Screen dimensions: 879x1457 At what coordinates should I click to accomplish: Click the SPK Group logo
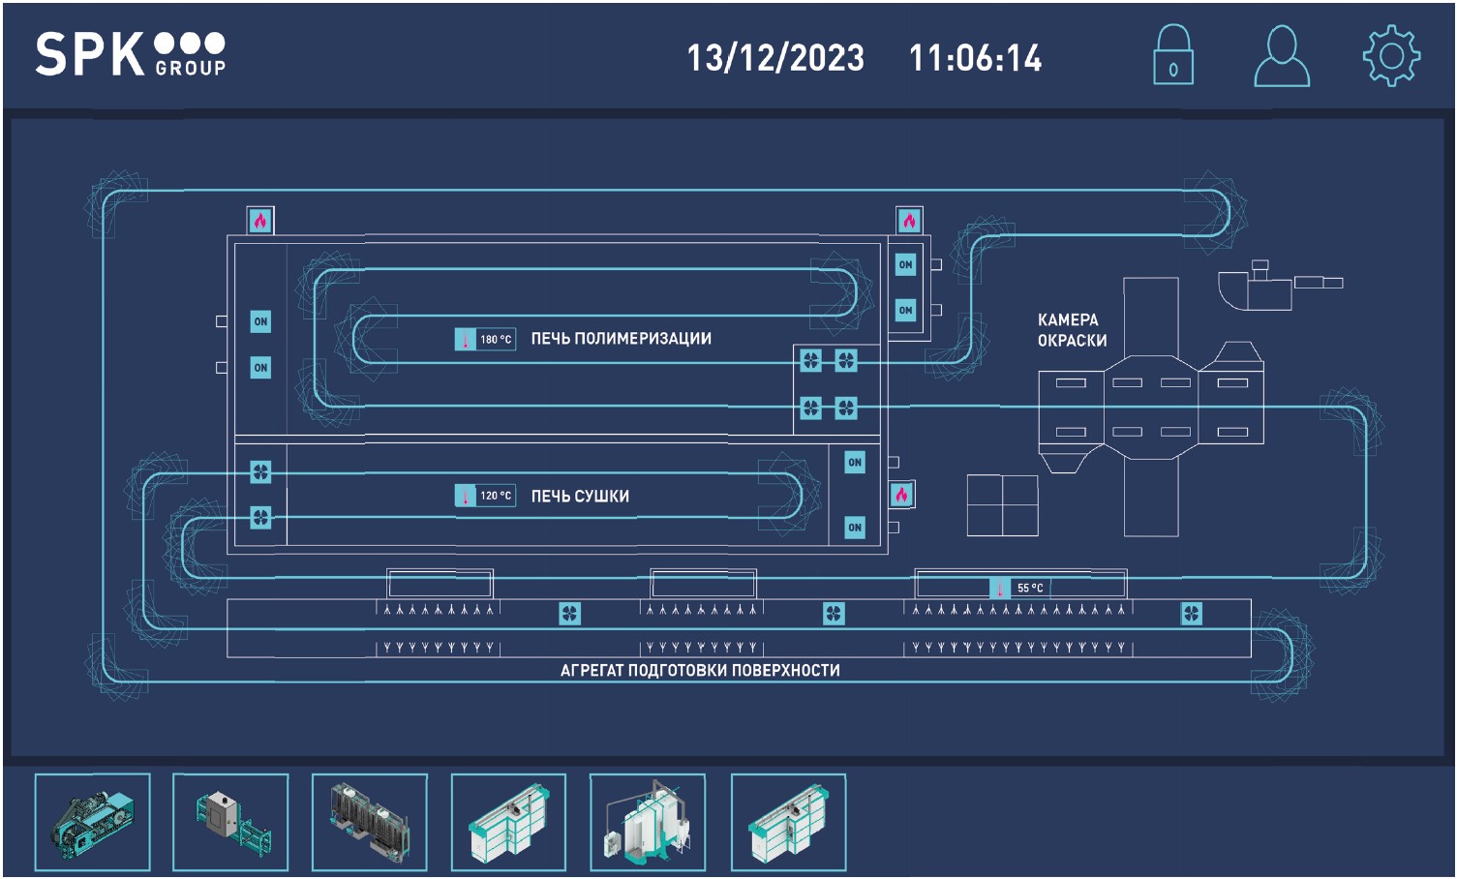click(131, 54)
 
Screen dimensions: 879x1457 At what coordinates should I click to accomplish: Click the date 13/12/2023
click(775, 58)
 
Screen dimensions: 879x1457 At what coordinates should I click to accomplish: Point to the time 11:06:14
click(975, 58)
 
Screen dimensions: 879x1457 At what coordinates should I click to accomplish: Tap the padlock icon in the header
click(1172, 56)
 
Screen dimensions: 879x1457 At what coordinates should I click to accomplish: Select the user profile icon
click(1282, 56)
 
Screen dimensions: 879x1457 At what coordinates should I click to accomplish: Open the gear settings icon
click(1391, 56)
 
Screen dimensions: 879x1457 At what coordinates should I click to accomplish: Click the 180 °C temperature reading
click(495, 340)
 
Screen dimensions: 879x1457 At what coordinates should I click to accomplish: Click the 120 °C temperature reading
click(495, 496)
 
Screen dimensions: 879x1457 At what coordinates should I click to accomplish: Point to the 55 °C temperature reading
click(1029, 588)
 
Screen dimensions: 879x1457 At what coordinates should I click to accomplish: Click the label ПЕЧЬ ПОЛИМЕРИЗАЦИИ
click(621, 339)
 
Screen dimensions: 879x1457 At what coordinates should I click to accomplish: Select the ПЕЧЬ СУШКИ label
click(580, 497)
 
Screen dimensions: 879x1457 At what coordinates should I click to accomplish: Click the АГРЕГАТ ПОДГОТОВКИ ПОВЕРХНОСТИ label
click(700, 670)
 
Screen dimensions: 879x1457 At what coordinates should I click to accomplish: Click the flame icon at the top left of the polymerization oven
click(260, 221)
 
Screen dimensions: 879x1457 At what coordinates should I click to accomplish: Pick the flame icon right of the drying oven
click(901, 495)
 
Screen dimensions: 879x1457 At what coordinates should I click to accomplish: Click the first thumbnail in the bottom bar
click(92, 822)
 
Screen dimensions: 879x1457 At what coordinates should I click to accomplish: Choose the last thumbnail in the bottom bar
click(788, 822)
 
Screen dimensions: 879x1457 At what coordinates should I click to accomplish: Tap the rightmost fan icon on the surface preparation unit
click(1192, 613)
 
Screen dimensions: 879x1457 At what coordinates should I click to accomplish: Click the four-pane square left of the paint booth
click(1003, 505)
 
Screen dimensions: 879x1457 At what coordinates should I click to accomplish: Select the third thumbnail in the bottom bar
click(370, 822)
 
